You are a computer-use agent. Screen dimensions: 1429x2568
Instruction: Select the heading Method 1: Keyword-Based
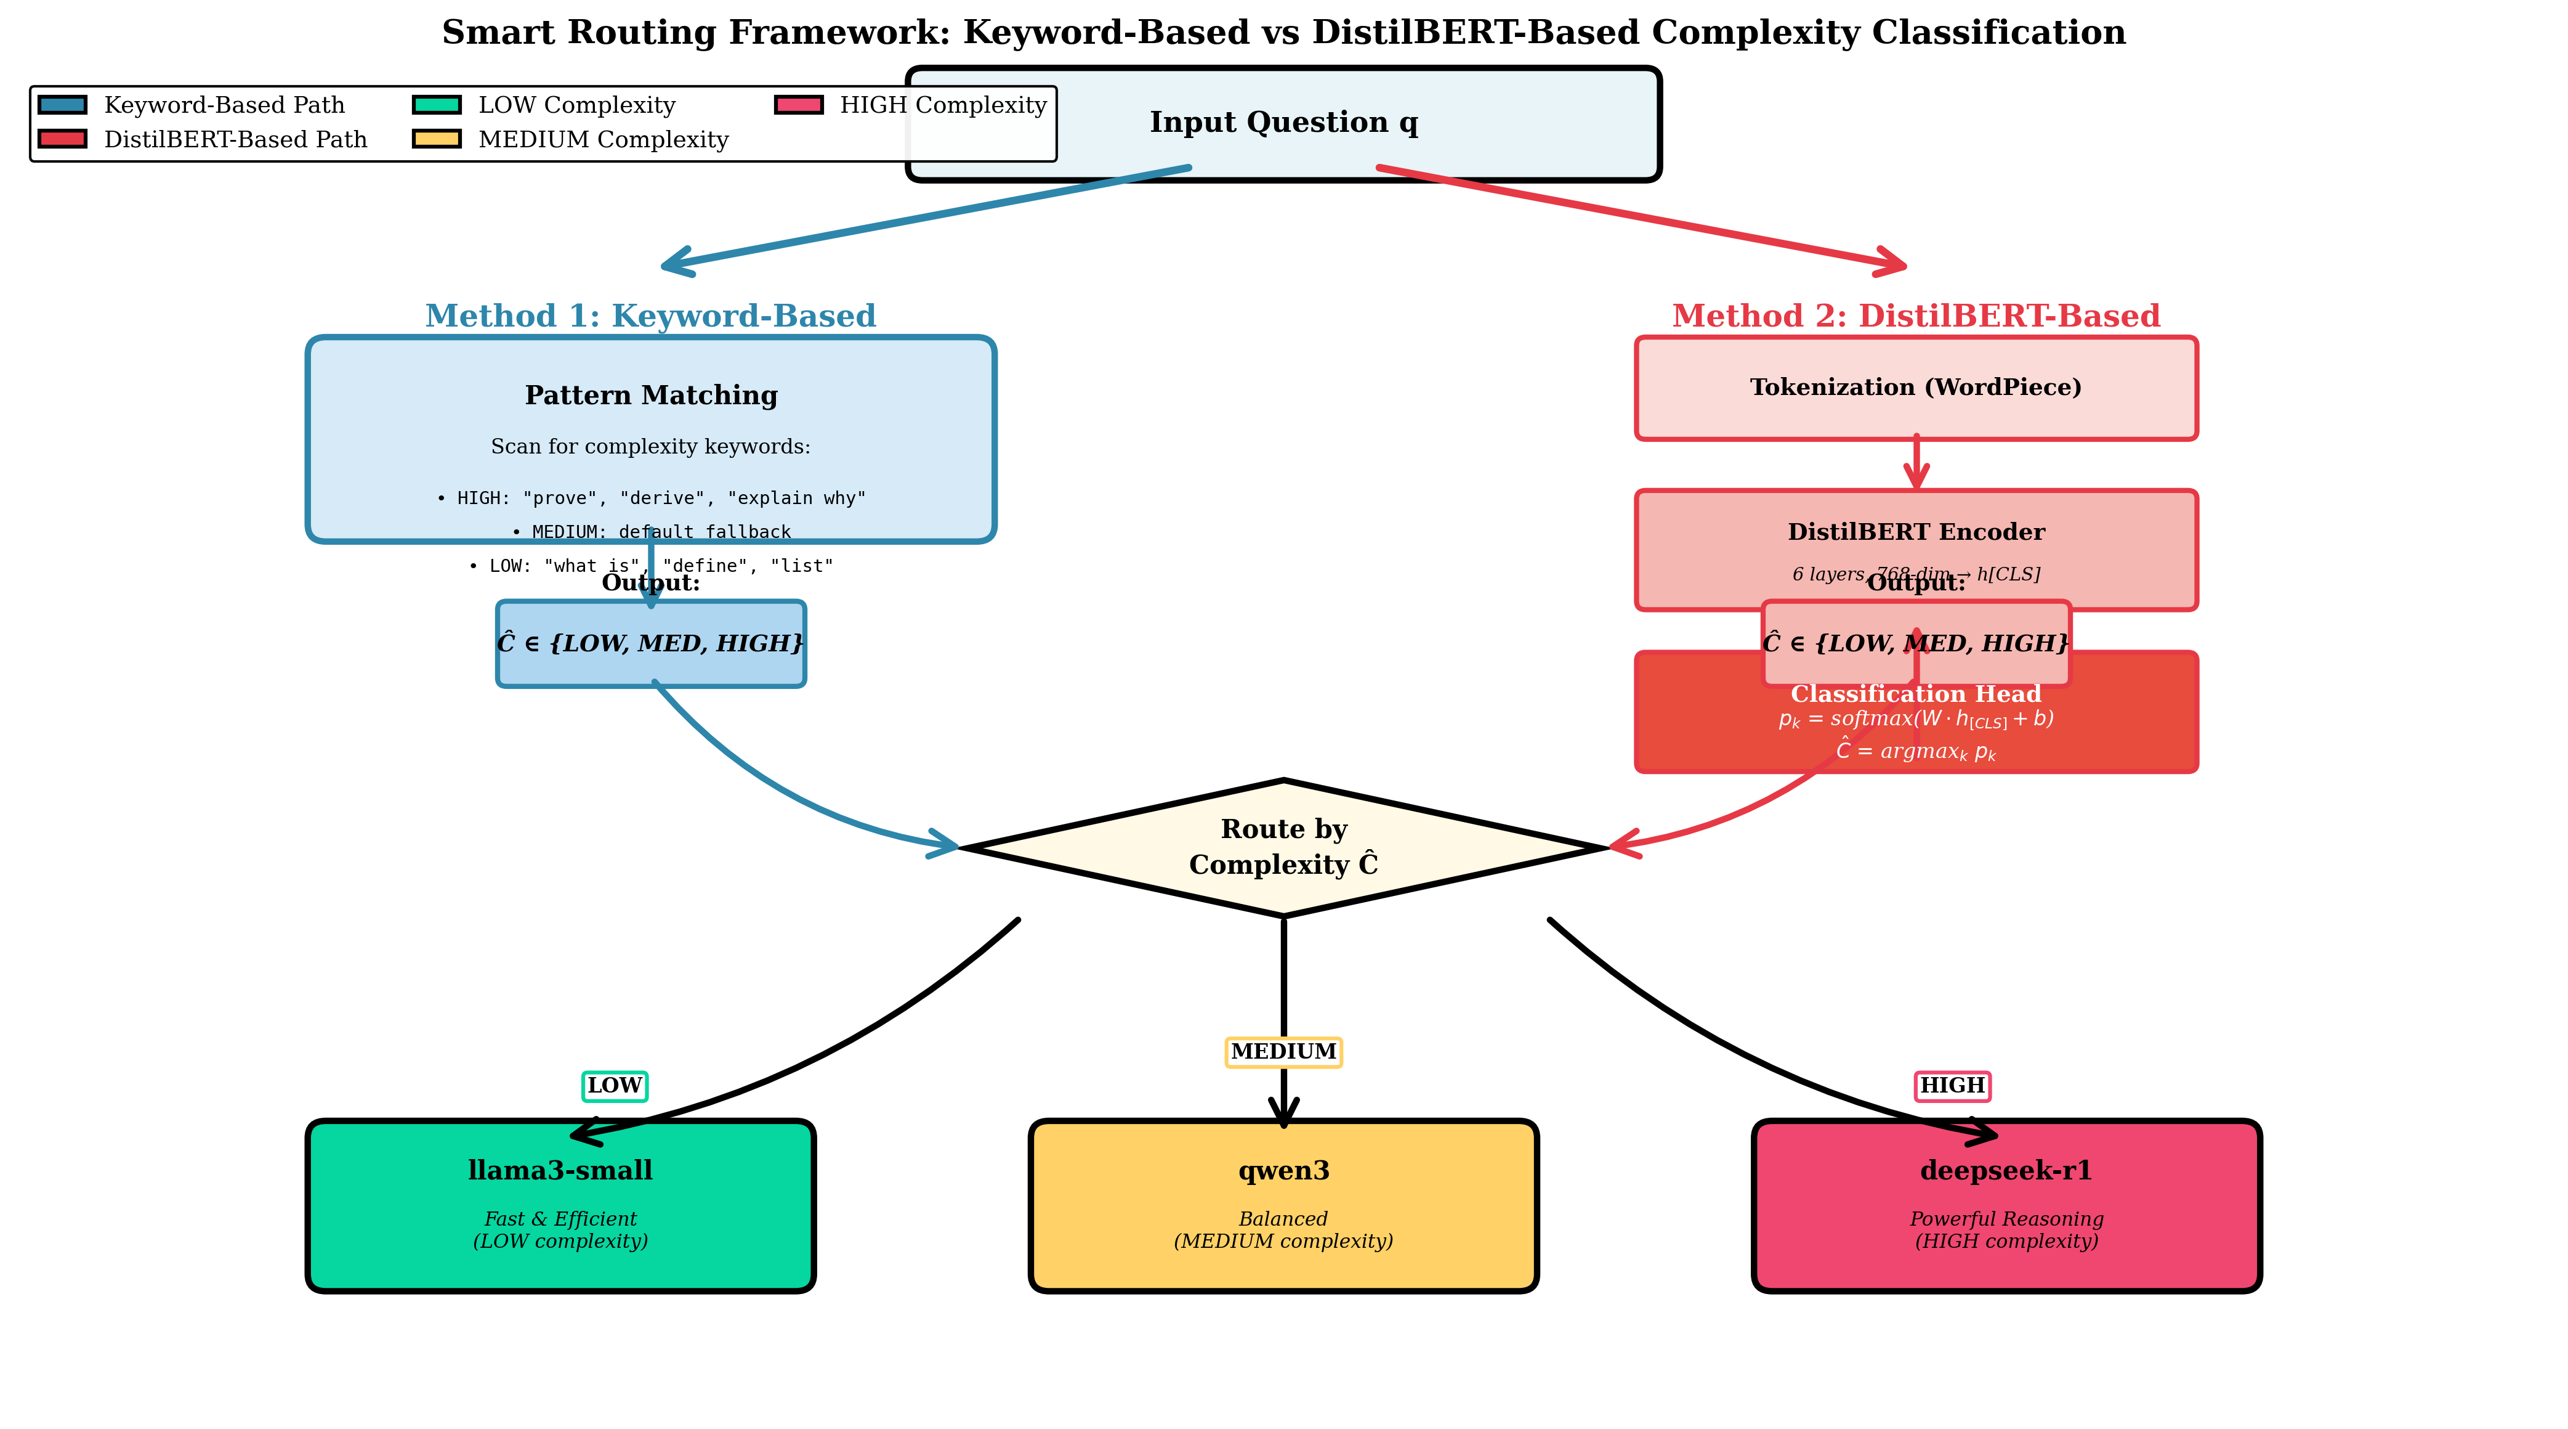pyautogui.click(x=650, y=316)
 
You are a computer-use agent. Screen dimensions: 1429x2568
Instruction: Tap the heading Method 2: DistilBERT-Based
pyautogui.click(x=1915, y=316)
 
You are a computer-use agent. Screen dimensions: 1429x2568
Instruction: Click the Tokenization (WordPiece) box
pyautogui.click(x=1915, y=388)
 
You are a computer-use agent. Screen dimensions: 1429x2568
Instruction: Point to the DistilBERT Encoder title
pyautogui.click(x=1915, y=532)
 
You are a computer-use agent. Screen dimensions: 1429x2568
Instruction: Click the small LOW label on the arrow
pyautogui.click(x=614, y=1085)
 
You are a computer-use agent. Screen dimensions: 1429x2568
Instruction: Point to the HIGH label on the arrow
pyautogui.click(x=1952, y=1085)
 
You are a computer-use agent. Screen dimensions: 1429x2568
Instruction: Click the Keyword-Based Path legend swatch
pyautogui.click(x=62, y=105)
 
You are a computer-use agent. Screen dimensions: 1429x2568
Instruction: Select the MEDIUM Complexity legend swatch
pyautogui.click(x=437, y=139)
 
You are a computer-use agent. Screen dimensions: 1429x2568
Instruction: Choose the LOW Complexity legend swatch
pyautogui.click(x=437, y=105)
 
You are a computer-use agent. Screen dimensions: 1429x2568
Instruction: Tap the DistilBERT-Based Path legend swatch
pyautogui.click(x=62, y=139)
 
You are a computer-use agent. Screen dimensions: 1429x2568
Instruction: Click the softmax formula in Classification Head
pyautogui.click(x=1915, y=719)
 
